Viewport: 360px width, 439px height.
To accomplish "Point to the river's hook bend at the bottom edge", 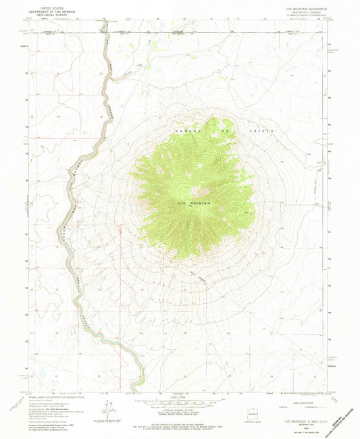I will [137, 384].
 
